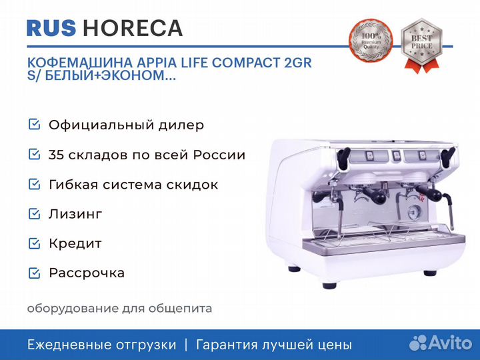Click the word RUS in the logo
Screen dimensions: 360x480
coord(51,28)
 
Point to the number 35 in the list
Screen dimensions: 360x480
coord(56,155)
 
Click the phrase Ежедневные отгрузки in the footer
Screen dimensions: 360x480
coord(101,345)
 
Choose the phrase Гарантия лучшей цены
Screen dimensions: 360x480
coord(273,345)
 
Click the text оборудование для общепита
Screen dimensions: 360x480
coord(119,309)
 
